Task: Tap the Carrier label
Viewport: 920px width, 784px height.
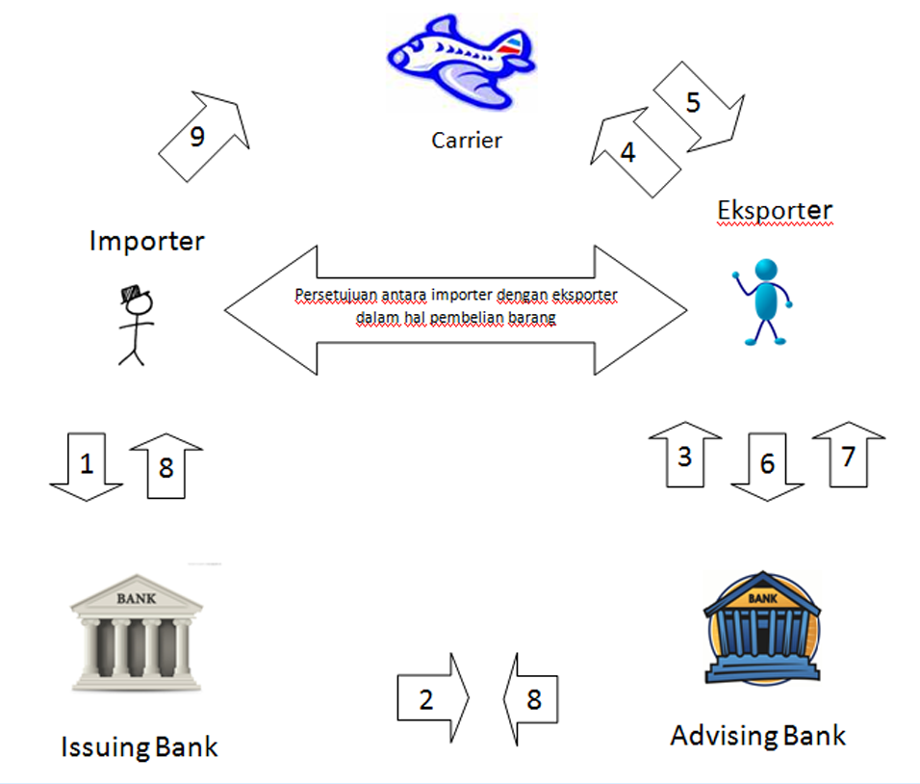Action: pyautogui.click(x=467, y=141)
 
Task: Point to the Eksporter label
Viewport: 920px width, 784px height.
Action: pyautogui.click(x=775, y=209)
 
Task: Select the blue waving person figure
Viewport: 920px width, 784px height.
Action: pyautogui.click(x=762, y=301)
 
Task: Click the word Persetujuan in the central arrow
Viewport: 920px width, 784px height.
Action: pyautogui.click(x=328, y=293)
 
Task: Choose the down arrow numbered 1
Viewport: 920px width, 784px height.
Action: pyautogui.click(x=87, y=467)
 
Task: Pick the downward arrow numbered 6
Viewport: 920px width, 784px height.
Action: pyautogui.click(x=767, y=465)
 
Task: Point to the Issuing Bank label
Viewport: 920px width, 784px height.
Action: pyautogui.click(x=140, y=746)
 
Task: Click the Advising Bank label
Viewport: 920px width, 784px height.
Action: pyautogui.click(x=758, y=736)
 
